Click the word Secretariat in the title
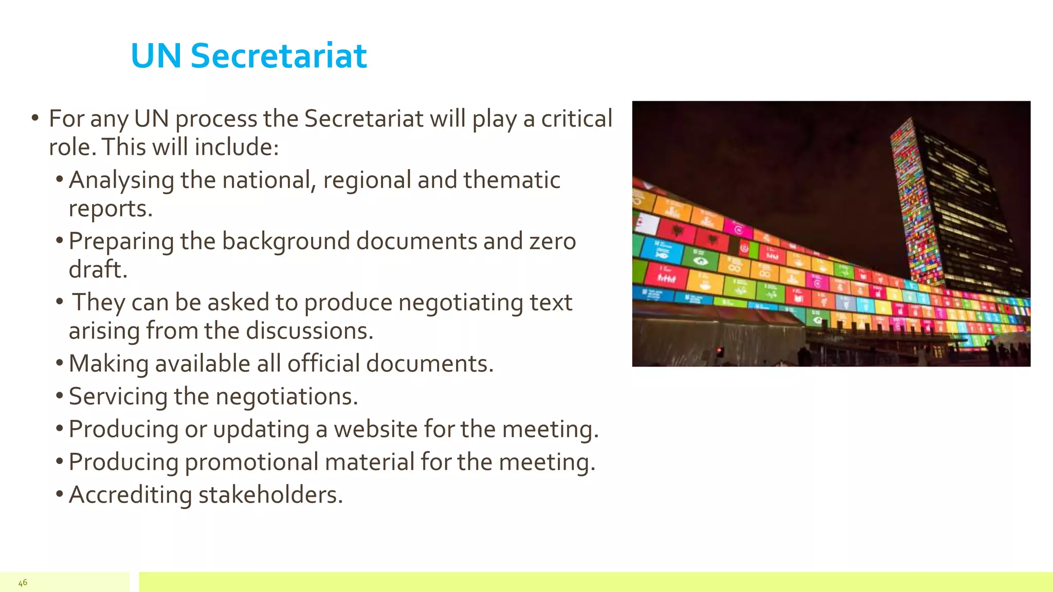coord(278,55)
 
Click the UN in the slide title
coord(156,55)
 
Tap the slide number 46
coord(23,582)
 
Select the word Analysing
coord(121,181)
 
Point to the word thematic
coord(512,180)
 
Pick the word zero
coord(552,242)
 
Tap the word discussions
coord(310,330)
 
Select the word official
coord(323,363)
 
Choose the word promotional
coord(251,462)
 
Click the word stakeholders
coord(270,495)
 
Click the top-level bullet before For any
coord(35,118)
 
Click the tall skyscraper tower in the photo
coord(946,206)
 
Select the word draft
coord(98,270)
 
